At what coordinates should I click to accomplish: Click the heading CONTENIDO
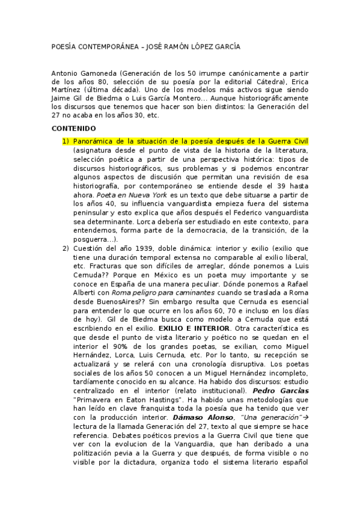click(74, 129)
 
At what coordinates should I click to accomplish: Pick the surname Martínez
click(66, 90)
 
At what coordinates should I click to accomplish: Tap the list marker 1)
click(66, 141)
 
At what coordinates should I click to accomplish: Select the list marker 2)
click(66, 249)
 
